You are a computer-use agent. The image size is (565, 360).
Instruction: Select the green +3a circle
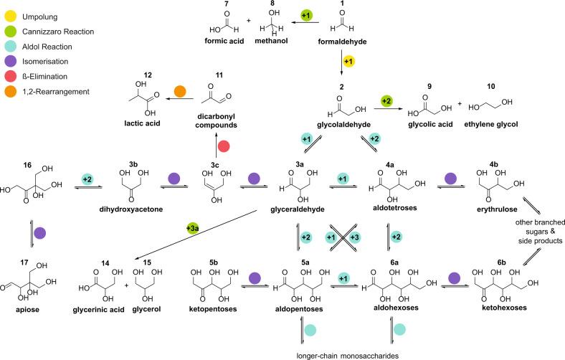pyautogui.click(x=192, y=229)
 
